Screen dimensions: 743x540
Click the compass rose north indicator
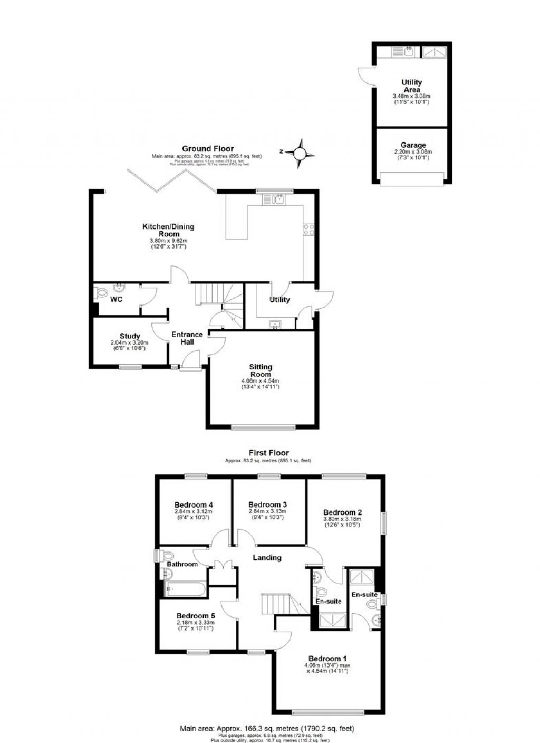299,153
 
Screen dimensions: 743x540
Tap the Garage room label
413,145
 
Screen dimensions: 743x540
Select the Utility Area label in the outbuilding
411,86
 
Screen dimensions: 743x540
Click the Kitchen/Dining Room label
168,230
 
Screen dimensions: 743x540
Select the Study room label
130,336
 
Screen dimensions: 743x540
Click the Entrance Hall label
187,338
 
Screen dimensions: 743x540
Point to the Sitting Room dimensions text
261,384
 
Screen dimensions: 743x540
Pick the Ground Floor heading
208,149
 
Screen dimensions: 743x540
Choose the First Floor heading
269,453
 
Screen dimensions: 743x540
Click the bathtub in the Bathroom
185,588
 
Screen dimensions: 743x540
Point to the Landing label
267,557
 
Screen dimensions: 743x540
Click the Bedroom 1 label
327,659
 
